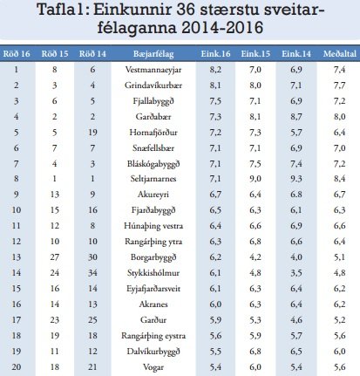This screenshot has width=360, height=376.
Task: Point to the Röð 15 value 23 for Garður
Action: (55, 318)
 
